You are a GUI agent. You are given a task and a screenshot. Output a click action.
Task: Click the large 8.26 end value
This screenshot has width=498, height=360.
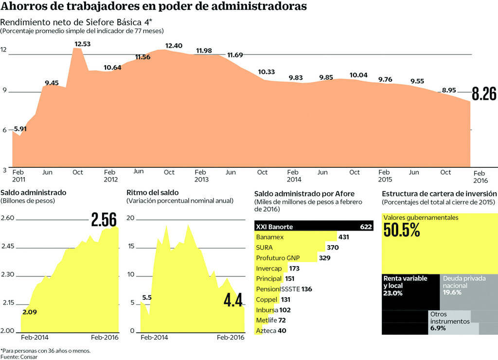[484, 94]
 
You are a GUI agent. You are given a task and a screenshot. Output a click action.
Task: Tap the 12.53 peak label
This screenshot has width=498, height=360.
[83, 44]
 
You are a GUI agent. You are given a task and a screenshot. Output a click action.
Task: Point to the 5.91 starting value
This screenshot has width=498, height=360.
[20, 129]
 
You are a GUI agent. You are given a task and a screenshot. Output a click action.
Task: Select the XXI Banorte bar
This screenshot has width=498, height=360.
[314, 227]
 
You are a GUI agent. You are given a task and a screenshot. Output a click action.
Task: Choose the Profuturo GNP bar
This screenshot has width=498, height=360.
[285, 258]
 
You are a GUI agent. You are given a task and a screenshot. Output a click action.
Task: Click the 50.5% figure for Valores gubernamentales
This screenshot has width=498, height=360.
[402, 230]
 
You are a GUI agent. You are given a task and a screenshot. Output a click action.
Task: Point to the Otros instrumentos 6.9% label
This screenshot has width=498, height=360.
[450, 322]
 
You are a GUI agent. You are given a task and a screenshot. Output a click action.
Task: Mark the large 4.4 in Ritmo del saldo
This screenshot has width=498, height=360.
[233, 301]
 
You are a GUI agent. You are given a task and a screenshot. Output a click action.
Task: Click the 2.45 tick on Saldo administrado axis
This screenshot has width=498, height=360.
[9, 247]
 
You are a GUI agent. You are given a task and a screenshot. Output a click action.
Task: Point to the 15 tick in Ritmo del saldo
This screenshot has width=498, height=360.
[130, 246]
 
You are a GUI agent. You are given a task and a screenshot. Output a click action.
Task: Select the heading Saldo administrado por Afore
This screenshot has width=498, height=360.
[304, 193]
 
